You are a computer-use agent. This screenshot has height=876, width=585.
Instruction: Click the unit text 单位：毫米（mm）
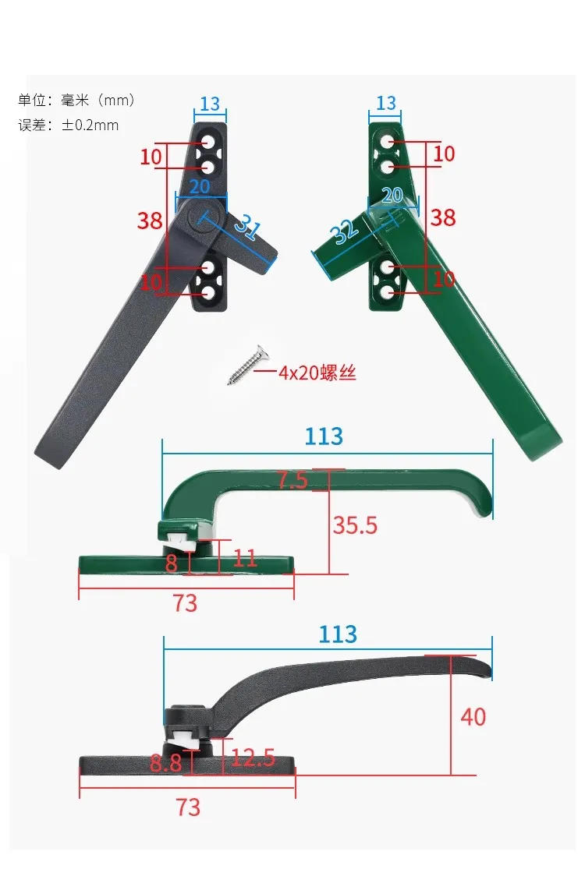[x=76, y=100]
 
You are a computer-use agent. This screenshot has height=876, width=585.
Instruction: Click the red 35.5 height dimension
[x=355, y=525]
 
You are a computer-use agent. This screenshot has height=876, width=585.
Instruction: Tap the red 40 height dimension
[x=473, y=716]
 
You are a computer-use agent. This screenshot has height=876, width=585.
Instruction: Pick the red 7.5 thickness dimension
[x=292, y=480]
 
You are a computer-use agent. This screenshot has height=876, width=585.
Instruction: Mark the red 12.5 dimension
[x=253, y=757]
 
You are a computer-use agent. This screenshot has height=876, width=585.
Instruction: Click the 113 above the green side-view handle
[x=324, y=436]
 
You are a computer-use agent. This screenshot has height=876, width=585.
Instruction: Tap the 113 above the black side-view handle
[x=338, y=634]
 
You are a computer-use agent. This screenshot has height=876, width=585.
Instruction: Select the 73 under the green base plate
[x=186, y=602]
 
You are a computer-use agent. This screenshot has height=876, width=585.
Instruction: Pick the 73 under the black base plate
[x=188, y=807]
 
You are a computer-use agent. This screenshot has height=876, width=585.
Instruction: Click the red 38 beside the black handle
[x=150, y=221]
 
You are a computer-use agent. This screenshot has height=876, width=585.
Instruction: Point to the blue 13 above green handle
[x=386, y=104]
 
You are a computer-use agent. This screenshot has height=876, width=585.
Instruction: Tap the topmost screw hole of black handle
[x=208, y=143]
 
